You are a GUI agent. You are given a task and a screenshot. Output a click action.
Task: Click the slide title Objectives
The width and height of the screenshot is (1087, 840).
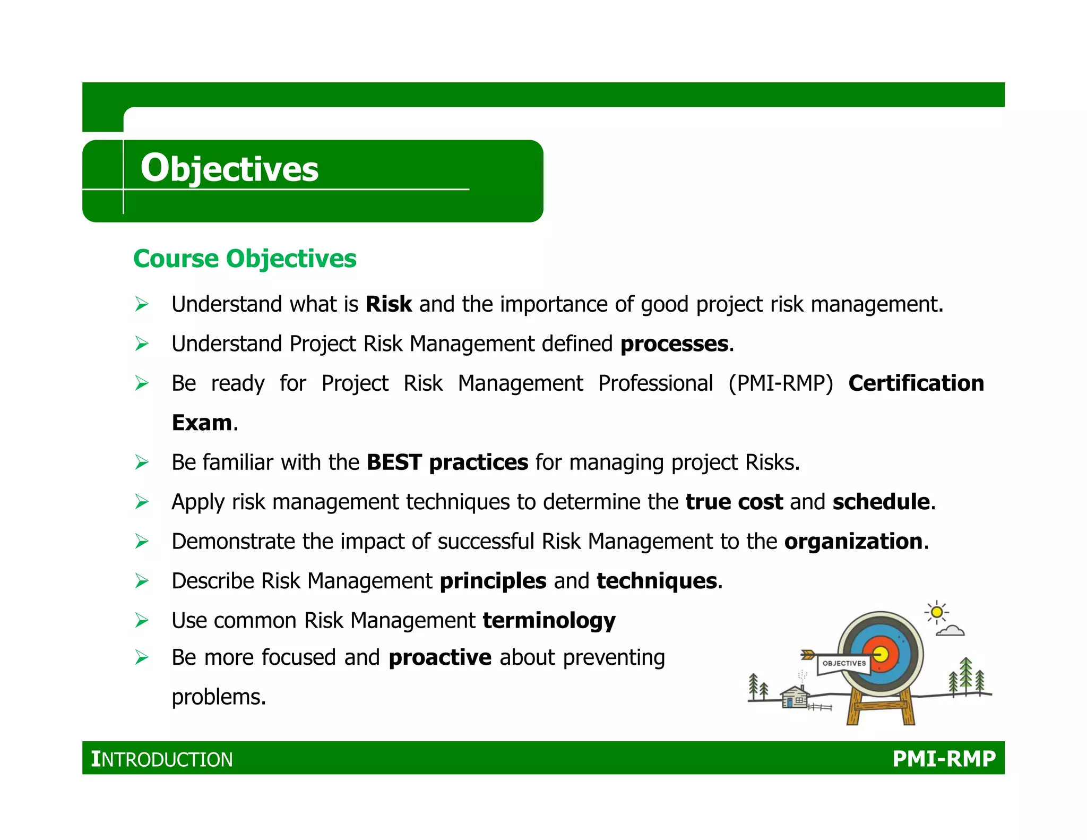click(x=229, y=169)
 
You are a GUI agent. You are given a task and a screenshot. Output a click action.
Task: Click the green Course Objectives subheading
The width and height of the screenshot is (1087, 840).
click(x=245, y=259)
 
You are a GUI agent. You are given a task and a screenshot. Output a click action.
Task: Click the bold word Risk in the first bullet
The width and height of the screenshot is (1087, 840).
click(x=389, y=304)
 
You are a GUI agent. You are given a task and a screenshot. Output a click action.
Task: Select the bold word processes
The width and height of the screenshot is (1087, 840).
click(x=674, y=344)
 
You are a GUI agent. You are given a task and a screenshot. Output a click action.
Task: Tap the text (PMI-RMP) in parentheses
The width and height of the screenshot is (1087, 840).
click(x=780, y=383)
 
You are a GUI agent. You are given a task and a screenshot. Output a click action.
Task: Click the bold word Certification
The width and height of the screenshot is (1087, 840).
click(x=916, y=383)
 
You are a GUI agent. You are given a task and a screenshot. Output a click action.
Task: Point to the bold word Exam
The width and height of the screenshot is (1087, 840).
click(x=202, y=423)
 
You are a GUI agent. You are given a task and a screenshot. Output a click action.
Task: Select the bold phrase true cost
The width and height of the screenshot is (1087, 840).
click(x=734, y=502)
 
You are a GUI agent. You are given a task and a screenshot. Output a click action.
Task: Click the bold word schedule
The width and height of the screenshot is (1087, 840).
click(x=881, y=502)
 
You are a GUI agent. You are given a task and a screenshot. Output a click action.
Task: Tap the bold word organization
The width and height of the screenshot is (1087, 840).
click(x=853, y=542)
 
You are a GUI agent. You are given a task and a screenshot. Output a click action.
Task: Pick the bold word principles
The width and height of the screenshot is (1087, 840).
click(x=493, y=581)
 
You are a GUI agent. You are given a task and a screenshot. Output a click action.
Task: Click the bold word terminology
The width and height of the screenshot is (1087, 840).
click(x=549, y=621)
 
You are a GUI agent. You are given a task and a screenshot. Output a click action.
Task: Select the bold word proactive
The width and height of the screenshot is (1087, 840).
click(x=440, y=658)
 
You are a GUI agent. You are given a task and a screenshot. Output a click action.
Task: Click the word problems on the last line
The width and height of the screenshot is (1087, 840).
click(x=218, y=697)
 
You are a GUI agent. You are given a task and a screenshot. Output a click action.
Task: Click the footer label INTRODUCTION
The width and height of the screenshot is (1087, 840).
click(x=162, y=759)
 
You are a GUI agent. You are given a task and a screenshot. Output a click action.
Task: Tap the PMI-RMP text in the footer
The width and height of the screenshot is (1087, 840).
click(x=944, y=759)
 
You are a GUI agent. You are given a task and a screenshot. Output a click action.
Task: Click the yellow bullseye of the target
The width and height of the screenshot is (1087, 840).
click(x=881, y=654)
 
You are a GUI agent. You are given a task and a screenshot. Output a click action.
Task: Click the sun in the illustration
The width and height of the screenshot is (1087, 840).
click(x=937, y=613)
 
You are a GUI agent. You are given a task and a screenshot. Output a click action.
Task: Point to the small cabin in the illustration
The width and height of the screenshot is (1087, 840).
click(x=795, y=698)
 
